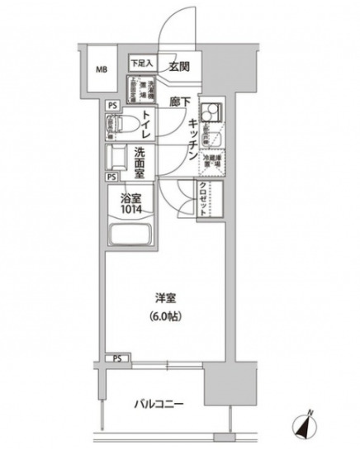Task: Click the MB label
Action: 102,69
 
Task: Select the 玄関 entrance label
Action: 181,67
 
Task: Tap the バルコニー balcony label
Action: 159,405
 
